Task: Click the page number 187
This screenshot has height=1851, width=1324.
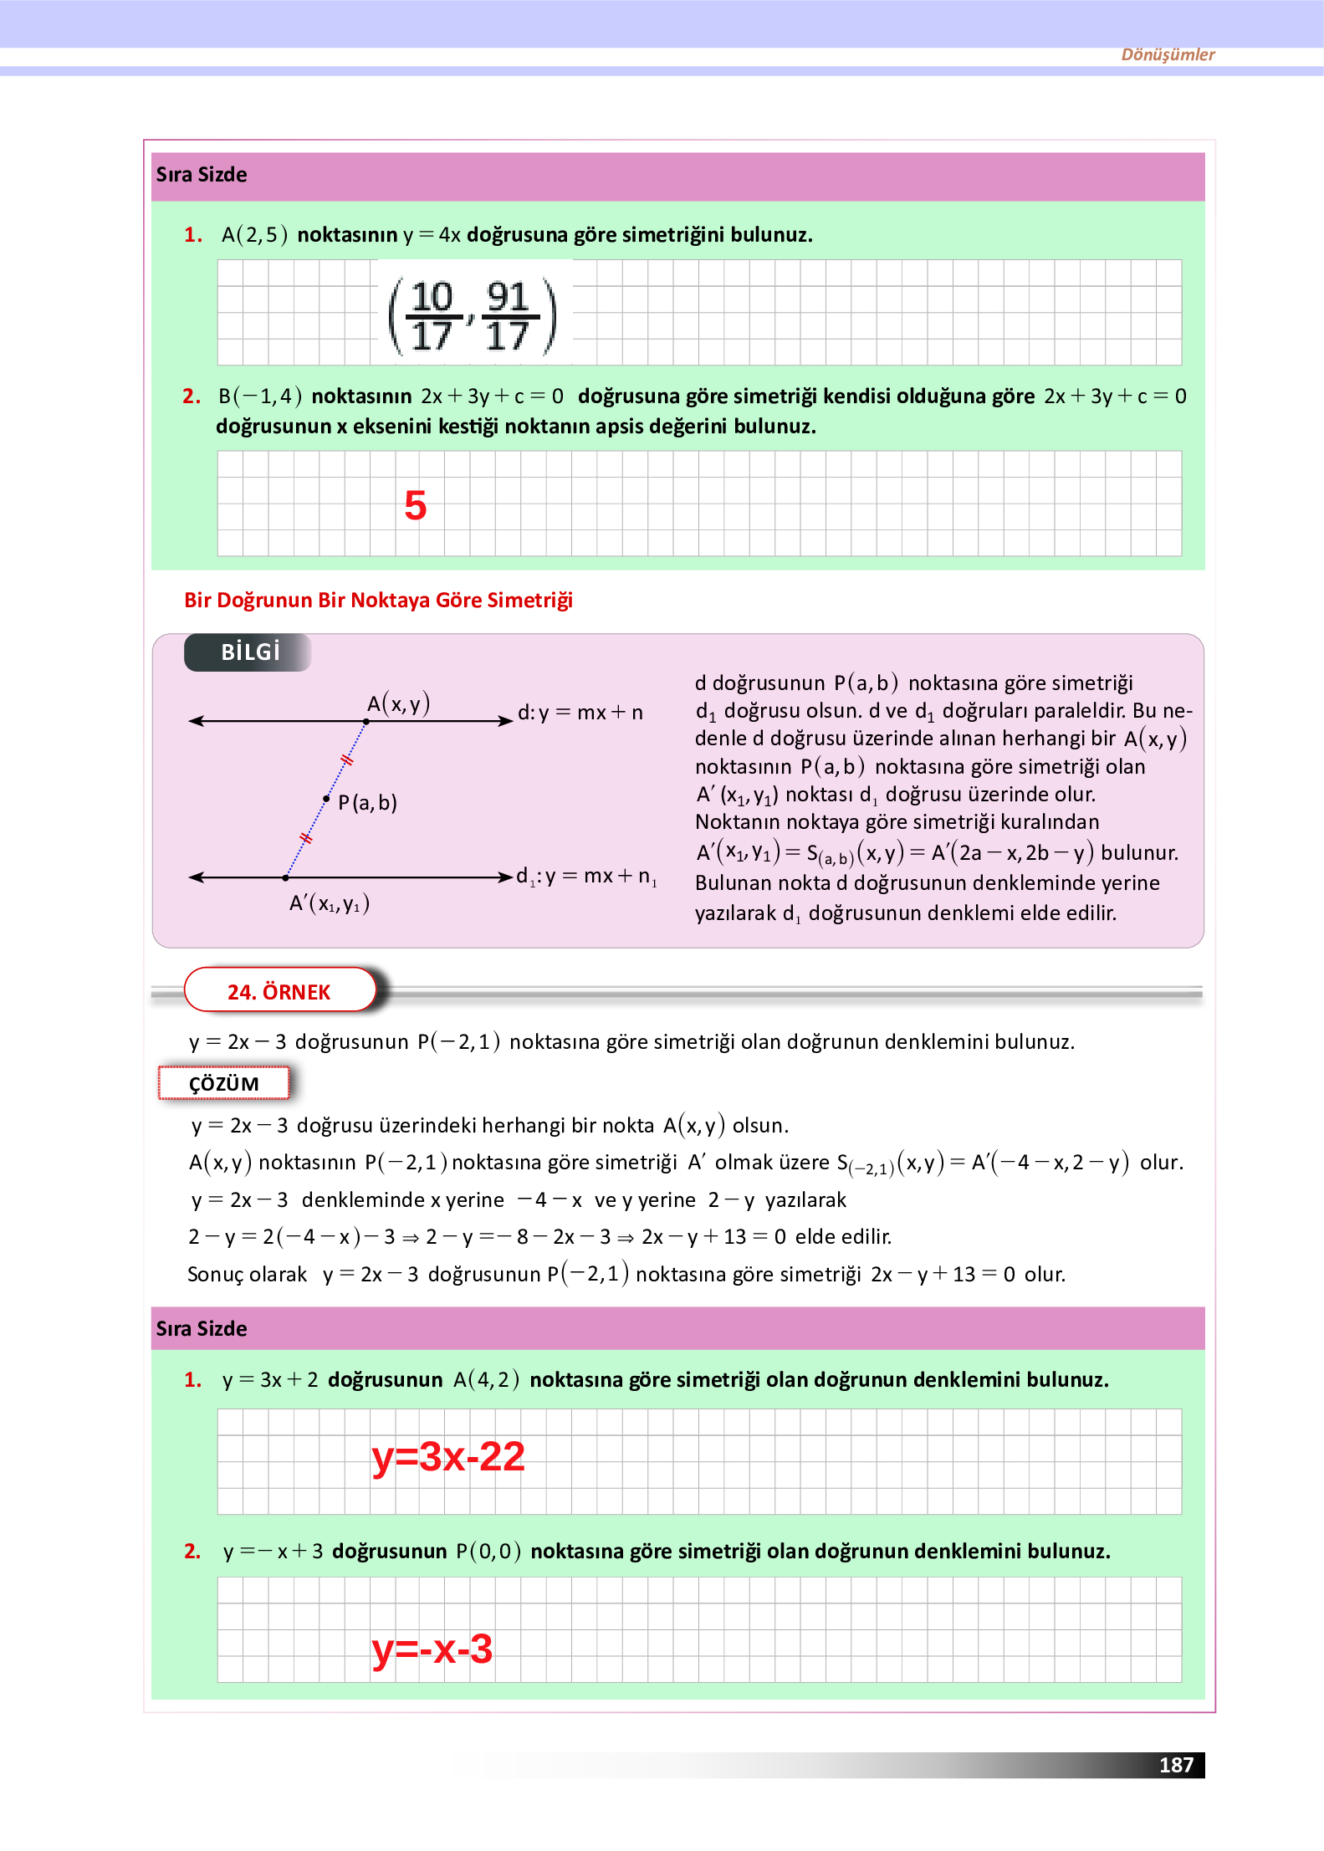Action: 1175,1765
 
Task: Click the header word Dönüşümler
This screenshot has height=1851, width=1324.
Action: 1168,54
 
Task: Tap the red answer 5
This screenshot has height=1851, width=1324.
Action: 415,505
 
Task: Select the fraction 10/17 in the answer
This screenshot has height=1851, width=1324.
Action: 432,316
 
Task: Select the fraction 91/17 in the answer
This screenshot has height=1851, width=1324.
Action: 507,316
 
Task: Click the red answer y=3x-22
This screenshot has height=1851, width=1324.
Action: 448,1456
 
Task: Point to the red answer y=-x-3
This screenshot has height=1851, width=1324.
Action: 432,1649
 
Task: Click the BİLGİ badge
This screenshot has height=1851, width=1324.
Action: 248,652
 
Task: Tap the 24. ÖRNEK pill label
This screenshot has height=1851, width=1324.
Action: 279,991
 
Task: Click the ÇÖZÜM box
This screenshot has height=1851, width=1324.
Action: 223,1083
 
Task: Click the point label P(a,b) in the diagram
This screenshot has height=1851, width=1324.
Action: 367,803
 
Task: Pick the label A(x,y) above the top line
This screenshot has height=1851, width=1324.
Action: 398,703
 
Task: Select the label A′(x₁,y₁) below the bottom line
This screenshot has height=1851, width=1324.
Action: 329,903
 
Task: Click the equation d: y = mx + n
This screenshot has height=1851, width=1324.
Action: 580,713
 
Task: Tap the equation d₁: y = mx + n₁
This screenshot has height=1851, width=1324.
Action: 585,876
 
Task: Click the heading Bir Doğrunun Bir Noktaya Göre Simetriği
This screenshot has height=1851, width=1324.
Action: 378,600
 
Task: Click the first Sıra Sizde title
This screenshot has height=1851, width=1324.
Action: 202,175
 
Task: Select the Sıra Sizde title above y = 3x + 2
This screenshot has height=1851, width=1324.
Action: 202,1328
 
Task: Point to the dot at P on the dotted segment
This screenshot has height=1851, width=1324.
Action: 326,799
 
